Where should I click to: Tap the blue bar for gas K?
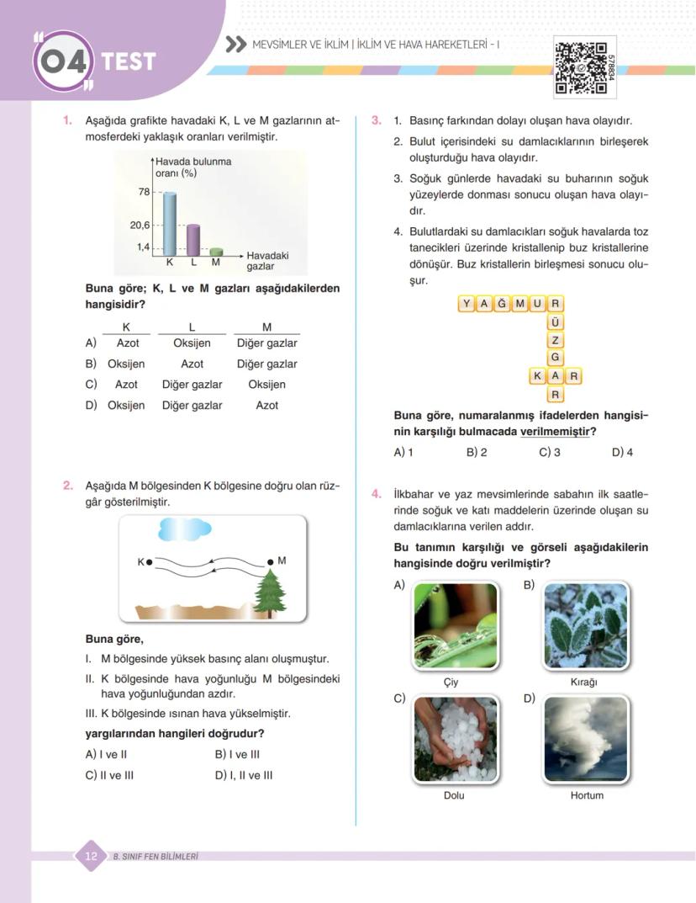[x=170, y=223]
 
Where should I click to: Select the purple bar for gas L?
[x=193, y=239]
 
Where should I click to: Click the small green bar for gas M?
[x=216, y=251]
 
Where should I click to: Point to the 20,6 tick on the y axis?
[x=139, y=226]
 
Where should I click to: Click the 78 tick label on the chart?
[x=144, y=192]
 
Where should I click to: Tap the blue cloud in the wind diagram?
[x=184, y=529]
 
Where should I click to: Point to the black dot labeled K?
[x=150, y=562]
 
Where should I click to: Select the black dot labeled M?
[x=270, y=561]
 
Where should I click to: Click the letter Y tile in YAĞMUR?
[x=467, y=304]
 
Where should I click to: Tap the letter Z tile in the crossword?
[x=555, y=340]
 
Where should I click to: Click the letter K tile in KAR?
[x=537, y=376]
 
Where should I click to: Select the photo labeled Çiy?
[x=456, y=625]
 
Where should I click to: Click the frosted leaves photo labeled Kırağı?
[x=585, y=625]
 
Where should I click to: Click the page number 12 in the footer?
[x=92, y=857]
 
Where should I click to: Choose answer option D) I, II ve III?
[x=244, y=775]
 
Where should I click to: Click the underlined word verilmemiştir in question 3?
[x=554, y=432]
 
